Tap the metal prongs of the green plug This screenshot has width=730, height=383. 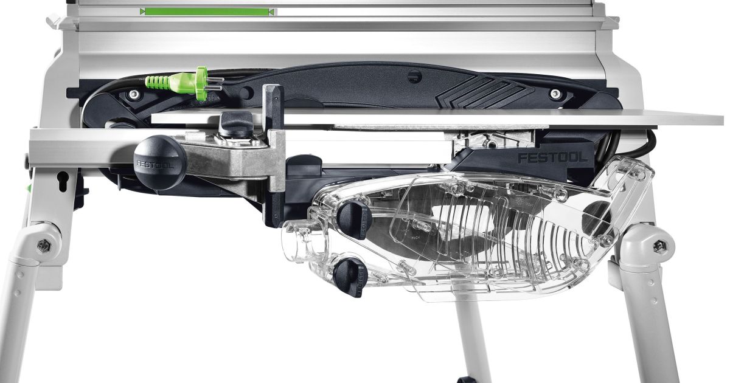[x=215, y=83]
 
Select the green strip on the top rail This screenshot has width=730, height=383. [x=207, y=12]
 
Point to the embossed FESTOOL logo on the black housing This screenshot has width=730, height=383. [x=553, y=158]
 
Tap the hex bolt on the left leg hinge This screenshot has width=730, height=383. [x=44, y=246]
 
